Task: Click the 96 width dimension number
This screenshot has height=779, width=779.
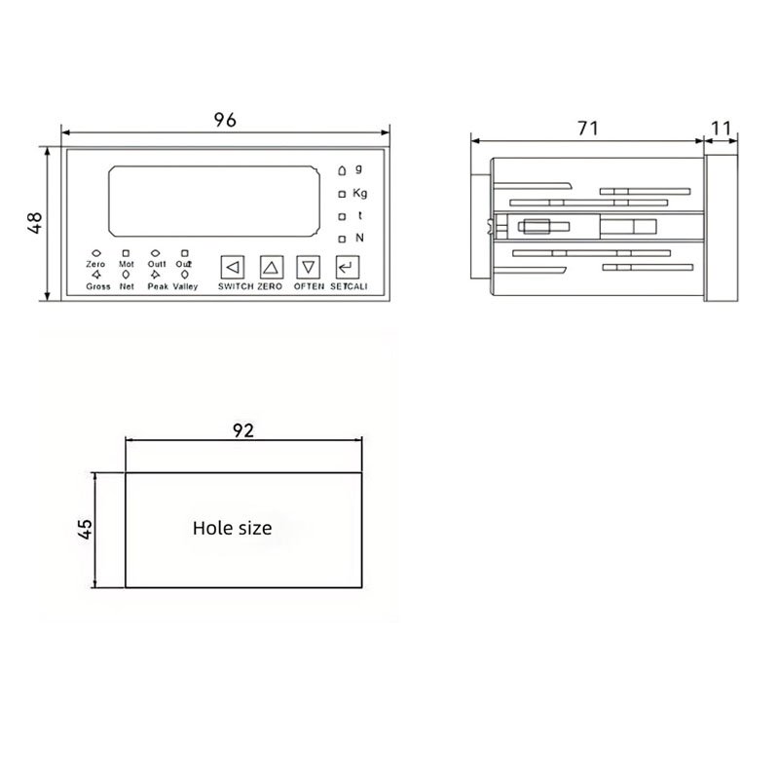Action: click(225, 120)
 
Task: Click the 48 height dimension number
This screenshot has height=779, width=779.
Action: click(35, 223)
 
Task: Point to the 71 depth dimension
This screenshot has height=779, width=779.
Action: click(587, 128)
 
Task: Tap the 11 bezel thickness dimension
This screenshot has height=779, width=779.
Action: click(722, 128)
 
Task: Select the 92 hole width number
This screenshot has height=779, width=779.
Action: click(243, 431)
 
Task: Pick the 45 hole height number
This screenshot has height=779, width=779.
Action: click(85, 529)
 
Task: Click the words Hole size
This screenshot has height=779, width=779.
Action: click(233, 529)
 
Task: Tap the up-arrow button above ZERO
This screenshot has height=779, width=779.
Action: click(271, 266)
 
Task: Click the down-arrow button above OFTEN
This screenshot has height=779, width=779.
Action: click(309, 266)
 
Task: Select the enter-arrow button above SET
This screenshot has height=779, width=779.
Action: click(347, 266)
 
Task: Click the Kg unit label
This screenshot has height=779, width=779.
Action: click(360, 192)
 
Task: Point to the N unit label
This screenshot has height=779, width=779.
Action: click(359, 238)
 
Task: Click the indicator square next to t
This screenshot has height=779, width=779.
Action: click(342, 216)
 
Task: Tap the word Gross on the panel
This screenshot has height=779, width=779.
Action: click(97, 287)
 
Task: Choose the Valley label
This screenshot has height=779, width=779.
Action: click(185, 287)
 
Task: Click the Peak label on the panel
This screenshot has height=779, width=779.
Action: click(158, 287)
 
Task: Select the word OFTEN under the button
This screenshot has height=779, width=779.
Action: click(309, 287)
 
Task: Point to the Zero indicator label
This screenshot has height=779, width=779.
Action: click(95, 264)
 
